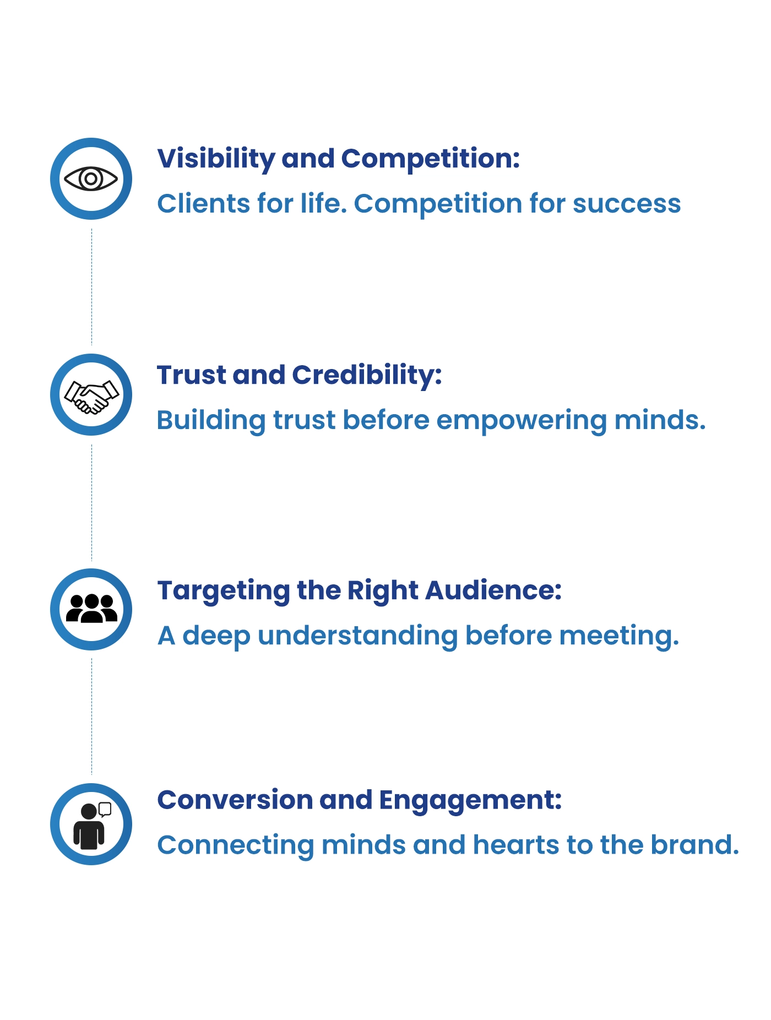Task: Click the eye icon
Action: click(91, 178)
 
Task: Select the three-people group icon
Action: click(91, 609)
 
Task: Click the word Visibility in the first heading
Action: click(216, 159)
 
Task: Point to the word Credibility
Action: click(367, 376)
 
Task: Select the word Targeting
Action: click(223, 592)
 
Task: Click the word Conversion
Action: click(235, 800)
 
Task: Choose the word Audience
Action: click(493, 590)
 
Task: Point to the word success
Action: click(627, 205)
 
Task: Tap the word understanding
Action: click(358, 637)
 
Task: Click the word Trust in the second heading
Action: click(192, 376)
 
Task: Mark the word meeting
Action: click(619, 637)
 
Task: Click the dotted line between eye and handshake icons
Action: click(91, 286)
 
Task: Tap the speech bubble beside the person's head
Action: click(105, 809)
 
